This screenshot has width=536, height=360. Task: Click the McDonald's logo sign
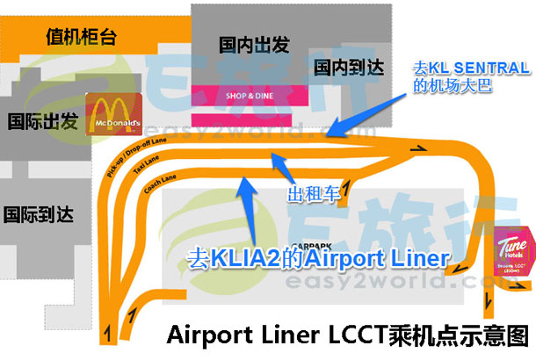(114, 117)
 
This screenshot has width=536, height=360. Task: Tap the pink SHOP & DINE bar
(241, 93)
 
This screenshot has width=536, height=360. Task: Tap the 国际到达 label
(37, 212)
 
